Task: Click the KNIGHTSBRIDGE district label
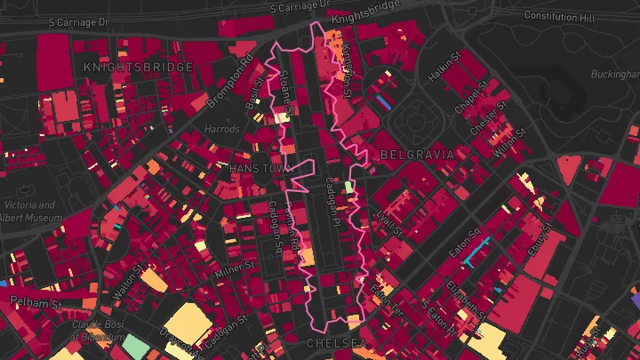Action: pyautogui.click(x=138, y=67)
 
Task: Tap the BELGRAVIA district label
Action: pyautogui.click(x=417, y=155)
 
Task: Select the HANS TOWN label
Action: pyautogui.click(x=255, y=168)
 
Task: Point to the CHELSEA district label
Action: pyautogui.click(x=336, y=342)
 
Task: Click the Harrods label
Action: pyautogui.click(x=222, y=130)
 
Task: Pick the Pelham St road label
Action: pyautogui.click(x=36, y=303)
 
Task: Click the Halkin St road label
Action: pyautogui.click(x=444, y=68)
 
